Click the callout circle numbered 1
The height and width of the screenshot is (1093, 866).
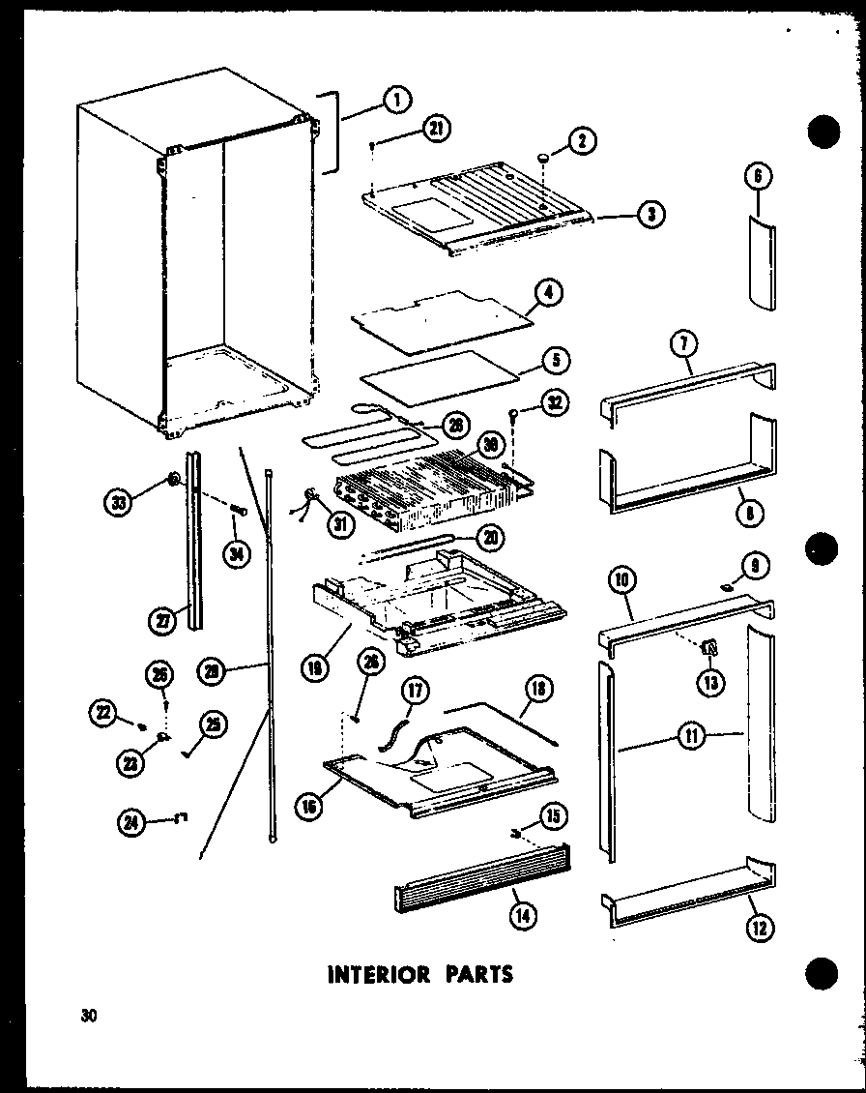coord(394,97)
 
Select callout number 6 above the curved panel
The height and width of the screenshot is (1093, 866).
coord(759,175)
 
